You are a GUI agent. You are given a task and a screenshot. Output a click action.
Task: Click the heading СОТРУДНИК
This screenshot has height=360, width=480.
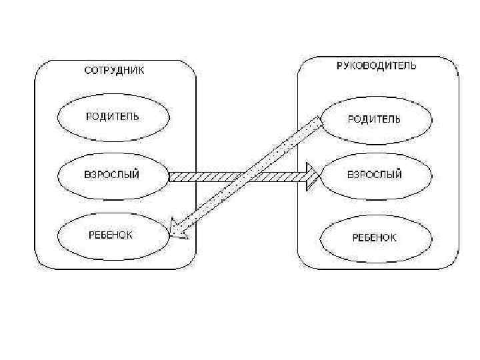(113, 70)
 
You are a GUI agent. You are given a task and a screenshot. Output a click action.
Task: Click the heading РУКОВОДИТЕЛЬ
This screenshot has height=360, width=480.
(376, 65)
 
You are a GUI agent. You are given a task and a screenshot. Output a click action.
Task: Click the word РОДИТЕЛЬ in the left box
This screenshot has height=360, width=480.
(113, 117)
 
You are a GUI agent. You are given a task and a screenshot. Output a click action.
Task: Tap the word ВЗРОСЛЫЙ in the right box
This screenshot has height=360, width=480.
(375, 175)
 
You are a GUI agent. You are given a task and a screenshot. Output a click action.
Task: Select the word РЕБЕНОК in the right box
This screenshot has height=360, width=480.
(375, 237)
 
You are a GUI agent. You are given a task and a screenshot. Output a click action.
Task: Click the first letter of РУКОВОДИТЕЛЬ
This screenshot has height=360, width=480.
(337, 65)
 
